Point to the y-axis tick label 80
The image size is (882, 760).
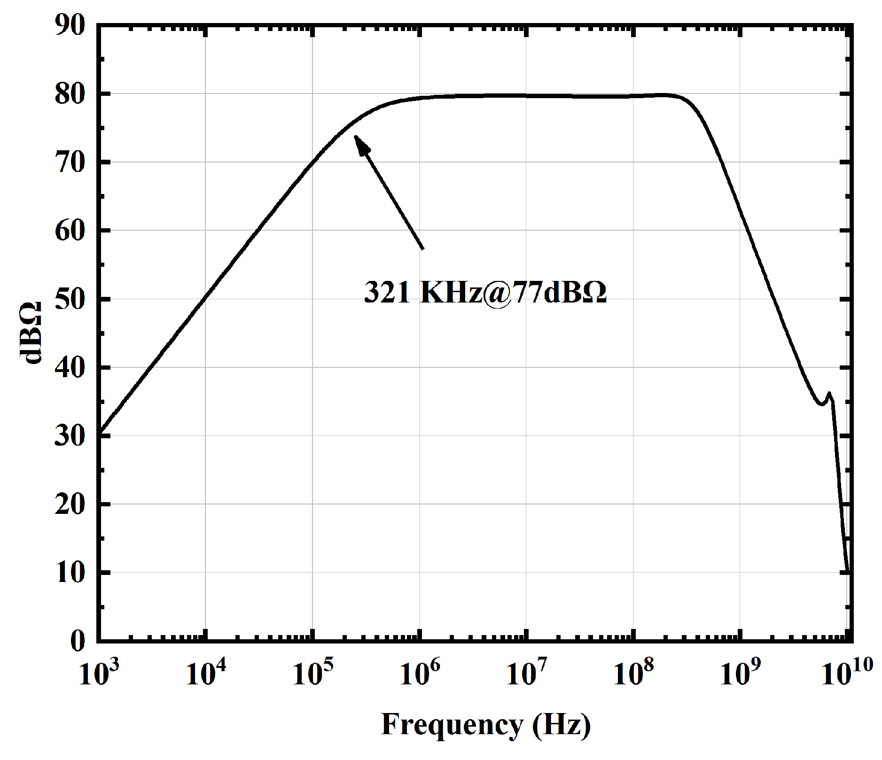[x=70, y=94]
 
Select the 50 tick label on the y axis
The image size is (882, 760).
[x=70, y=299]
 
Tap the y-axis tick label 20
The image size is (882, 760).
[x=70, y=504]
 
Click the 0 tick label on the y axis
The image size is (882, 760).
[x=78, y=641]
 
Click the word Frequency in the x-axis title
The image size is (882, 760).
[x=452, y=725]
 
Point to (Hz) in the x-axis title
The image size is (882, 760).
[x=562, y=725]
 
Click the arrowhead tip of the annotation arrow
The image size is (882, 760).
[x=355, y=137]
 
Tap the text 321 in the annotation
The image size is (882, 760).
[x=387, y=292]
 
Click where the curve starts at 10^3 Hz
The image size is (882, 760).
[x=99, y=432]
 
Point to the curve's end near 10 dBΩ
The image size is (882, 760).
[x=847, y=571]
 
